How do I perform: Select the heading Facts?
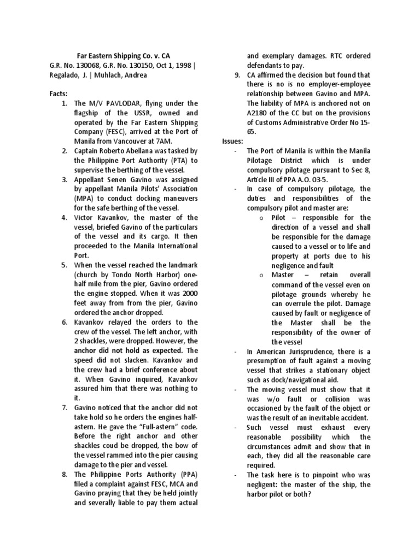click(x=59, y=94)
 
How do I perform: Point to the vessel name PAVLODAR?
click(x=120, y=103)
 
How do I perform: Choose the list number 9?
click(x=236, y=75)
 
